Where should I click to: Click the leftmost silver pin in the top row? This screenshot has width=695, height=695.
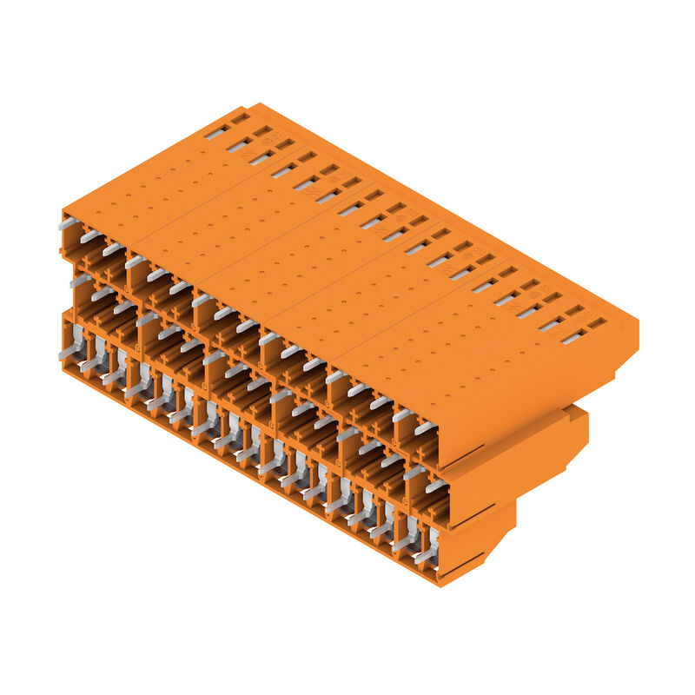[68, 223]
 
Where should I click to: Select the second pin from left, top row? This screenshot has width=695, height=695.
[89, 235]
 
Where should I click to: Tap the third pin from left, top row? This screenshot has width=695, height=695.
[111, 248]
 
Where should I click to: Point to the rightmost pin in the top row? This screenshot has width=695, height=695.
[425, 427]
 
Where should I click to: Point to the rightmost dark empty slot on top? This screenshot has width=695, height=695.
[597, 323]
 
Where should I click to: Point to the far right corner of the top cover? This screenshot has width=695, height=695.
[637, 323]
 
